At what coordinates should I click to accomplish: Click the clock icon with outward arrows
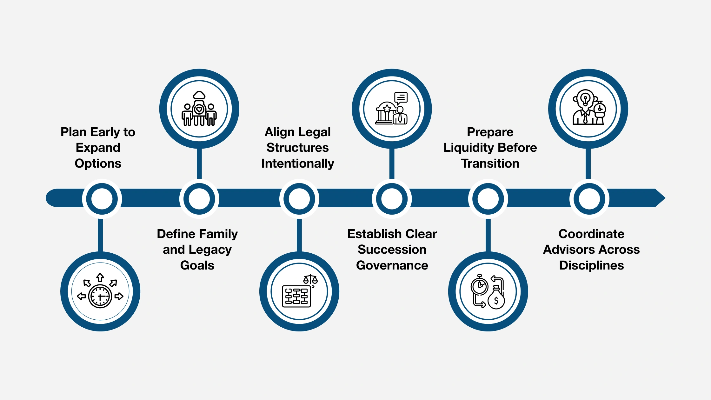(x=100, y=292)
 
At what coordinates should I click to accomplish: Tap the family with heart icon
(x=199, y=109)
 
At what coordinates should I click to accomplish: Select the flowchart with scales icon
(x=299, y=292)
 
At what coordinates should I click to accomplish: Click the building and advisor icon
(x=392, y=109)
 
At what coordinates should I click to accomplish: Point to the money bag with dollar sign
(x=496, y=299)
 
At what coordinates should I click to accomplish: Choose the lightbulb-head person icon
(x=588, y=109)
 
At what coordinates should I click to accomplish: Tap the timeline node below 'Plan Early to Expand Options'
(x=102, y=199)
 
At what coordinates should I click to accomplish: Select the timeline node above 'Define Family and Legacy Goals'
(x=199, y=199)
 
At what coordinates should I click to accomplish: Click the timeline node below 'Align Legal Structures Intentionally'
(x=299, y=199)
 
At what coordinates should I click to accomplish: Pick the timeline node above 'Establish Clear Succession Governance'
(x=392, y=199)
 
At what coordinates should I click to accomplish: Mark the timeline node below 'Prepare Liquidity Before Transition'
(x=488, y=199)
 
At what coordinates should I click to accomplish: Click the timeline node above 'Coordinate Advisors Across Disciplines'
(x=589, y=199)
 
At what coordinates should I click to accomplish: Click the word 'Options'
(x=98, y=163)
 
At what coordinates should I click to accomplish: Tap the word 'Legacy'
(x=210, y=250)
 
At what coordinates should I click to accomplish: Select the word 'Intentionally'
(x=297, y=163)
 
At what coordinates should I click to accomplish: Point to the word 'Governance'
(x=392, y=265)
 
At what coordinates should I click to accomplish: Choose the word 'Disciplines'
(x=591, y=265)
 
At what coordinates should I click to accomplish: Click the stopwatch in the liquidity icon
(x=479, y=285)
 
